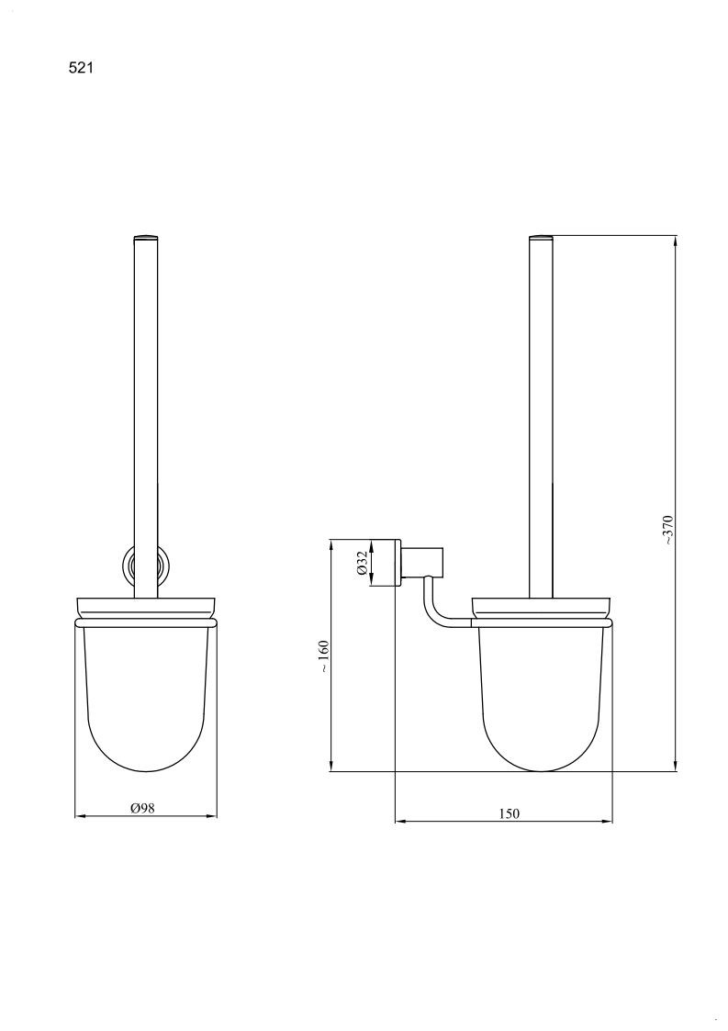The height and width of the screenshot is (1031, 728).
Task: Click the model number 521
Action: click(81, 68)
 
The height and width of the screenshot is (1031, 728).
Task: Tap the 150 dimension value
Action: click(509, 813)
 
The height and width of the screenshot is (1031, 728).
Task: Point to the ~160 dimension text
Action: click(323, 656)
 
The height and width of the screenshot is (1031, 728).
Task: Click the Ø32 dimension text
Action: click(362, 563)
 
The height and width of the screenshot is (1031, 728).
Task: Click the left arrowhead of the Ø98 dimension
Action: click(80, 816)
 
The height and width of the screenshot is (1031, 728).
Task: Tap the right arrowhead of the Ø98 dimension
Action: click(211, 816)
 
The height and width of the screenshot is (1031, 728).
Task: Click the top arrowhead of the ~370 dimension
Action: click(675, 241)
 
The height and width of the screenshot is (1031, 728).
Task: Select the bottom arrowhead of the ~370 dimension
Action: click(675, 765)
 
